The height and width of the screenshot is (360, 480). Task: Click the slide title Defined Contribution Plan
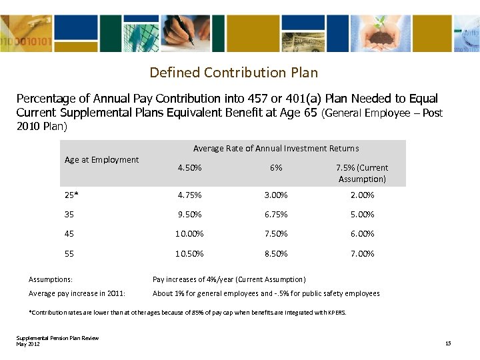pyautogui.click(x=233, y=72)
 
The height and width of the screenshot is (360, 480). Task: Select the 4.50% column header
pyautogui.click(x=189, y=168)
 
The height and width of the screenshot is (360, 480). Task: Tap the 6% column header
pyautogui.click(x=276, y=168)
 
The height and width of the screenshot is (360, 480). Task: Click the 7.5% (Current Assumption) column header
pyautogui.click(x=362, y=173)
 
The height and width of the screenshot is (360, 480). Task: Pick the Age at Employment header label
pyautogui.click(x=101, y=159)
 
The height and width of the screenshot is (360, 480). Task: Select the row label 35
pyautogui.click(x=69, y=215)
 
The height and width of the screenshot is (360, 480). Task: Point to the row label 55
pyautogui.click(x=69, y=254)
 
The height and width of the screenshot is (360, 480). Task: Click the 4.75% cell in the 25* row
pyautogui.click(x=189, y=195)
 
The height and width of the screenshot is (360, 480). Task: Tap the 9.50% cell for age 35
pyautogui.click(x=189, y=215)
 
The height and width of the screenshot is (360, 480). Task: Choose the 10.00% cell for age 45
pyautogui.click(x=189, y=234)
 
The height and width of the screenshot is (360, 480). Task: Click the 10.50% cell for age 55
pyautogui.click(x=189, y=254)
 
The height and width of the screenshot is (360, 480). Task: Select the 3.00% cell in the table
pyautogui.click(x=276, y=195)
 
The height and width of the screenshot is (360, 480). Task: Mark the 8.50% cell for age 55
pyautogui.click(x=276, y=254)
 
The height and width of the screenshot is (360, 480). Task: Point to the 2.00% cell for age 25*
pyautogui.click(x=362, y=195)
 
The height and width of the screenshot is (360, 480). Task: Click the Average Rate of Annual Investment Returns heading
pyautogui.click(x=276, y=149)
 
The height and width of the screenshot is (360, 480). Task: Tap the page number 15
pyautogui.click(x=448, y=343)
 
